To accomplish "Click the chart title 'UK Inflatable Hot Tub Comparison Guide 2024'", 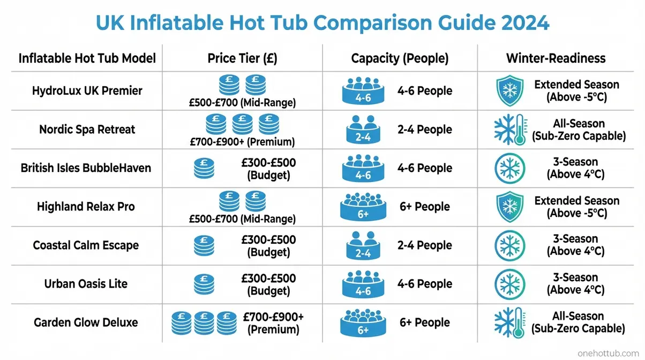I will tap(322, 24).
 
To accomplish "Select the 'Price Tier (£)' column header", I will tap(242, 58).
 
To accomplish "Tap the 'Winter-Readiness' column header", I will tap(556, 58).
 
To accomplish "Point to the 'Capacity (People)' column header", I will tap(400, 58).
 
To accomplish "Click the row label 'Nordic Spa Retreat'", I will tap(87, 129).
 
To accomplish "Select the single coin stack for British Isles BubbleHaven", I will tap(204, 168).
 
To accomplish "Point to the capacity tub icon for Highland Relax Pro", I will tap(363, 207).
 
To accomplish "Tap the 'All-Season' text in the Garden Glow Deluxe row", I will tap(578, 316).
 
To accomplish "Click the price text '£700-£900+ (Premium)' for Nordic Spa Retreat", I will tap(242, 141).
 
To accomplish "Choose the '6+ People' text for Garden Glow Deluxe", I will tap(424, 322).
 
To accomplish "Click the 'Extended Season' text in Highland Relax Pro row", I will tap(576, 200).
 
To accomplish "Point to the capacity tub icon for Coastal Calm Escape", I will tap(363, 245).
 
